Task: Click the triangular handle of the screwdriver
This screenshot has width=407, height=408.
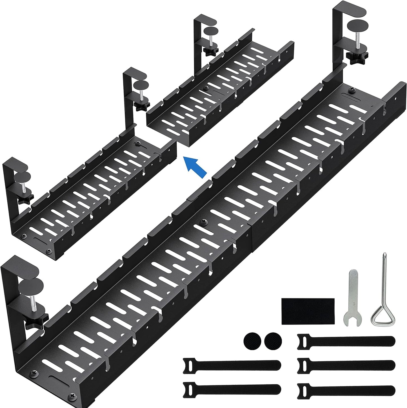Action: point(382,316)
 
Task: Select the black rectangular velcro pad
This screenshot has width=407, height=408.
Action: point(308,311)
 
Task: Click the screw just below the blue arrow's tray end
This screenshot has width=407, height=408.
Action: point(138,144)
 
